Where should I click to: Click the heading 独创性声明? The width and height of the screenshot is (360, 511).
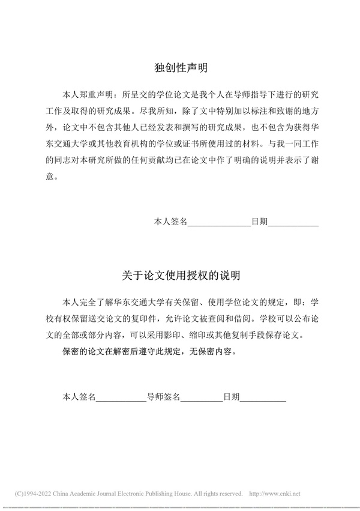click(180, 68)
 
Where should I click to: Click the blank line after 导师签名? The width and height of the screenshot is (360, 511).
click(202, 397)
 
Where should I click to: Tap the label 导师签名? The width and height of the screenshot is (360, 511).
click(164, 397)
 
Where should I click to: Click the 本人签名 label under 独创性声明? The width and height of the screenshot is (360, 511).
click(171, 222)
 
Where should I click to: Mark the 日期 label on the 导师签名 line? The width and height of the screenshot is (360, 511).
click(232, 397)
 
